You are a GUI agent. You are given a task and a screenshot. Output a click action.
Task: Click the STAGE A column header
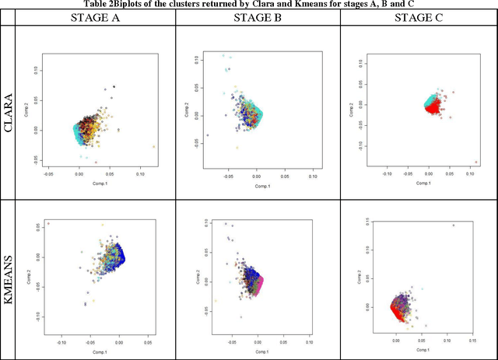pyautogui.click(x=94, y=16)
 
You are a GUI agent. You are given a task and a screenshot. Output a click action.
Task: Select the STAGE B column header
pyautogui.click(x=258, y=16)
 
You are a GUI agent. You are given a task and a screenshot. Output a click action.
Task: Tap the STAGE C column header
pyautogui.click(x=419, y=16)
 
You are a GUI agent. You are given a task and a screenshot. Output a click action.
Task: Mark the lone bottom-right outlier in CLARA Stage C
pyautogui.click(x=476, y=163)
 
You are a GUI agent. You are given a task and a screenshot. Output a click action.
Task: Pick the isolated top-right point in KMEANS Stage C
pyautogui.click(x=453, y=225)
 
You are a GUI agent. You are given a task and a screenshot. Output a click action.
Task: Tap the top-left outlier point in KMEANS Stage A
pyautogui.click(x=48, y=224)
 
